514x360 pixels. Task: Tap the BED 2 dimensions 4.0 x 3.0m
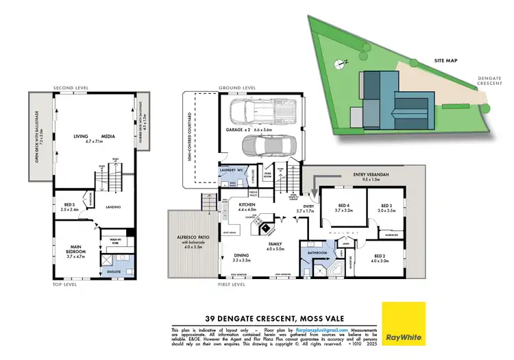(x=380, y=261)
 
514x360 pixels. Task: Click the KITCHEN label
(x=247, y=204)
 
